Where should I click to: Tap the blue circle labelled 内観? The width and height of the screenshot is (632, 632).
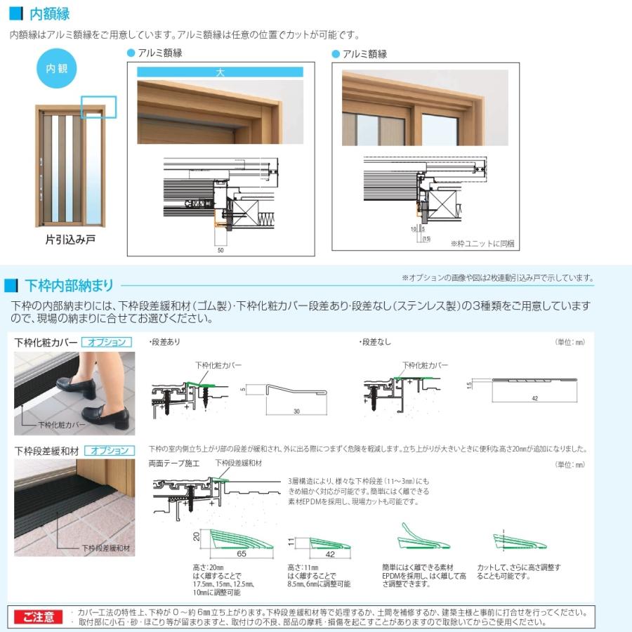point(55,69)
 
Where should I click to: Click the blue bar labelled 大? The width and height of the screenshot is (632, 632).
point(220,72)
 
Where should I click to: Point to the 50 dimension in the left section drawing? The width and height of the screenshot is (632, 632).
point(220,249)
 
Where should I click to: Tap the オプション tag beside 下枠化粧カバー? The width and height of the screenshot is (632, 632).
point(107,342)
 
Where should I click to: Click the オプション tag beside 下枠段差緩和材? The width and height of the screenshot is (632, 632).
point(108,450)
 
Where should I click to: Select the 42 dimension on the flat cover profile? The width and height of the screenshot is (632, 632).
point(534,397)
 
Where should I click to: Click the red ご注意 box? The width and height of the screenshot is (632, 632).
point(37,617)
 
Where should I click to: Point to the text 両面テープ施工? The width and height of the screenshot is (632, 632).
point(174,463)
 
